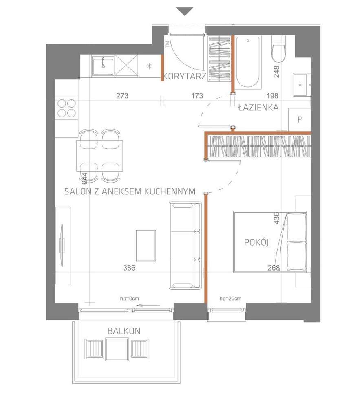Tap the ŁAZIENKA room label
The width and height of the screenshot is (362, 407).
[x=258, y=108]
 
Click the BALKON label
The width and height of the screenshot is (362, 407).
[x=124, y=331]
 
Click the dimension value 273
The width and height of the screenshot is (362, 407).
[x=122, y=96]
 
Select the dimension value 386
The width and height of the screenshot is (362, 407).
[x=129, y=268]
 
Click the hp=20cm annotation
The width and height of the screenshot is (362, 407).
[x=230, y=299]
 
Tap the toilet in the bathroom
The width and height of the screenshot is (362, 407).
[x=279, y=51]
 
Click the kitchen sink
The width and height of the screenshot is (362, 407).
[x=103, y=66]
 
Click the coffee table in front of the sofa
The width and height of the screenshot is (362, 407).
[x=146, y=246]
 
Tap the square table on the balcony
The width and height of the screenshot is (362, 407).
[x=118, y=349]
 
